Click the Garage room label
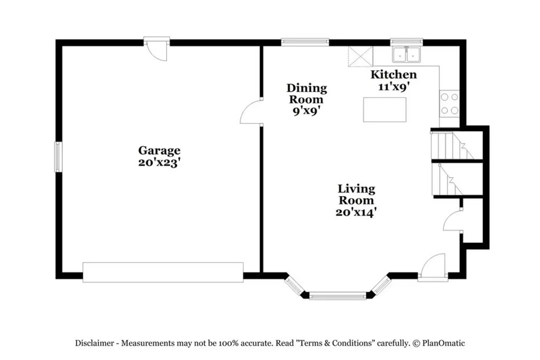pos(159,151)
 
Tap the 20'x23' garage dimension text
pos(159,162)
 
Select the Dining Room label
pos(306,94)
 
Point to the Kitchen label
pos(393,74)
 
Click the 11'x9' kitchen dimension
pos(393,87)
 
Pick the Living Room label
pos(356,194)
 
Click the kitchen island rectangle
pos(384,110)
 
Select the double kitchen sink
pos(407,55)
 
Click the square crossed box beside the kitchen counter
pos(361,56)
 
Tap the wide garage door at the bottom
pos(163,272)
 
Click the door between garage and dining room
pos(252,112)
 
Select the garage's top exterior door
pos(158,49)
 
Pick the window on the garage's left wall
pos(58,157)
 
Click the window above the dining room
pos(305,42)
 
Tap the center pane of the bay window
pos(337,296)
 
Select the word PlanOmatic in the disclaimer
pos(443,343)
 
